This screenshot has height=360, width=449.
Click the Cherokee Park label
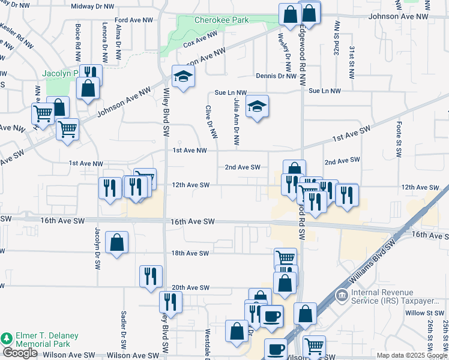221,20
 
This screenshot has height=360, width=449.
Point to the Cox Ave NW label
200,40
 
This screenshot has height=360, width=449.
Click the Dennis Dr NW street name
276,76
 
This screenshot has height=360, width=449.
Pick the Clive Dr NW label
211,122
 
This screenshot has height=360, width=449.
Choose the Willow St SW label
424,313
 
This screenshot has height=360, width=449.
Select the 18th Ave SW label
190,253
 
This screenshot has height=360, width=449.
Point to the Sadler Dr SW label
123,329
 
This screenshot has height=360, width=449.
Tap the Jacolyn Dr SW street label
97,248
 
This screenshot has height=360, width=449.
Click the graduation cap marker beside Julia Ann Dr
258,106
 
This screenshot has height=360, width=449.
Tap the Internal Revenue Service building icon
342,295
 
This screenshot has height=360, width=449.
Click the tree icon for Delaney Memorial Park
7,338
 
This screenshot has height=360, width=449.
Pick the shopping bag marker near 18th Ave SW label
116,243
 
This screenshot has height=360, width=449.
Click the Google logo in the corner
20,353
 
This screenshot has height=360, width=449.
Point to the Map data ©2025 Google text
412,355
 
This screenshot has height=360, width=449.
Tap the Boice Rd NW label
78,41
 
